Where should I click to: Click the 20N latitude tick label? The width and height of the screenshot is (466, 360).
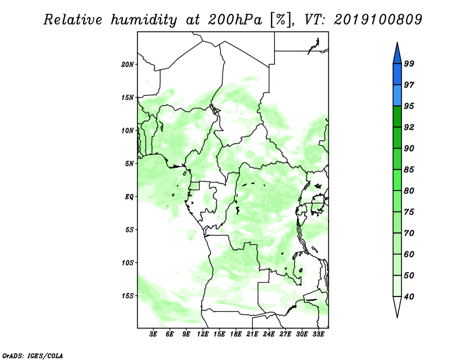click(127, 64)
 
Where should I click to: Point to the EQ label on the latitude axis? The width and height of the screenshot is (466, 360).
click(129, 197)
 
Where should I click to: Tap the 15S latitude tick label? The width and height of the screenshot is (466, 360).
click(127, 296)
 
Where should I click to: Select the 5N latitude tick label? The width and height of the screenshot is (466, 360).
click(129, 164)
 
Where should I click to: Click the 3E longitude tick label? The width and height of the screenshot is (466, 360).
click(153, 334)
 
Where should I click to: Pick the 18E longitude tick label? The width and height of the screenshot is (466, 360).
click(236, 334)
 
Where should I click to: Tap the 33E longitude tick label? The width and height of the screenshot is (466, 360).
click(318, 334)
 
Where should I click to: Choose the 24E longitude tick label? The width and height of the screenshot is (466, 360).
click(269, 334)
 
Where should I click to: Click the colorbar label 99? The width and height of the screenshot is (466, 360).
click(409, 63)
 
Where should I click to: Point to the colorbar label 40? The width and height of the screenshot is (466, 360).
click(409, 297)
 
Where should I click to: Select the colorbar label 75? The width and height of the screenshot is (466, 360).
click(409, 212)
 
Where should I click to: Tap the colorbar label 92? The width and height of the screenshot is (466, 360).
click(409, 127)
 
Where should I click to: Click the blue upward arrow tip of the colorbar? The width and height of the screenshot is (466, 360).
click(397, 43)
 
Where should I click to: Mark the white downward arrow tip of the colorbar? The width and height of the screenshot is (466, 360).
click(397, 317)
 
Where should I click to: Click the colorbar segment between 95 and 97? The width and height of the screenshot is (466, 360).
click(397, 96)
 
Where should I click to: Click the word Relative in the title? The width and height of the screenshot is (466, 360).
click(73, 20)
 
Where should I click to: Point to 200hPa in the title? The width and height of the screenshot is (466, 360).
click(235, 20)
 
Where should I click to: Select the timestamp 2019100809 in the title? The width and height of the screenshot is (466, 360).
click(377, 20)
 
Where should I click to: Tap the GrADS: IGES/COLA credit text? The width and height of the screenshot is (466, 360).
click(33, 355)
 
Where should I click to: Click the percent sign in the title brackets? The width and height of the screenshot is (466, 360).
click(281, 20)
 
